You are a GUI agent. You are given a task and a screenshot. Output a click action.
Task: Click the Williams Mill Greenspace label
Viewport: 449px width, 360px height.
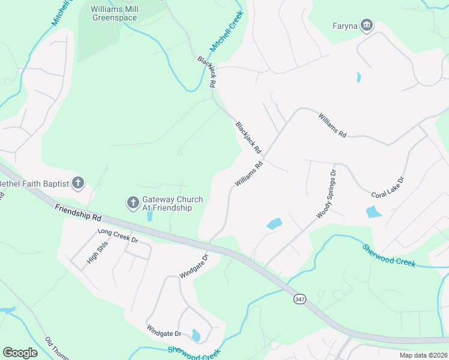pyautogui.click(x=114, y=13)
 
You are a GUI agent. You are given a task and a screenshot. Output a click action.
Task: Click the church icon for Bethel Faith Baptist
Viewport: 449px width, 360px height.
pyautogui.click(x=77, y=183)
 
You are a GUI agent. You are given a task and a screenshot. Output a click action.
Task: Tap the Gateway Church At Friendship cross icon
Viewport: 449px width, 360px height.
pyautogui.click(x=133, y=203)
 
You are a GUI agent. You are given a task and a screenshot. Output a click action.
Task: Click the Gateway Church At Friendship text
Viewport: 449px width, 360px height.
pyautogui.click(x=172, y=203)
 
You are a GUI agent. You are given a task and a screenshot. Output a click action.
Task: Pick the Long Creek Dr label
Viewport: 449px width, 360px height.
pyautogui.click(x=118, y=235)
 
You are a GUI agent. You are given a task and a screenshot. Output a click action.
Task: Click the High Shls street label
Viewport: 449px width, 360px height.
pyautogui.click(x=93, y=254)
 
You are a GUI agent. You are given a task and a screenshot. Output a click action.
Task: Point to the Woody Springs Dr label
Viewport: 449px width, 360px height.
pyautogui.click(x=327, y=193)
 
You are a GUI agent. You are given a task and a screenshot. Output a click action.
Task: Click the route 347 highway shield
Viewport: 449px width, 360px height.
pyautogui.click(x=298, y=299)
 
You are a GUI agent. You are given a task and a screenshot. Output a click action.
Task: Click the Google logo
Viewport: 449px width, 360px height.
pyautogui.click(x=20, y=353)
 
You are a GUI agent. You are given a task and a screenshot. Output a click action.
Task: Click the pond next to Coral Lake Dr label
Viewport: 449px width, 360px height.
pyautogui.click(x=373, y=212)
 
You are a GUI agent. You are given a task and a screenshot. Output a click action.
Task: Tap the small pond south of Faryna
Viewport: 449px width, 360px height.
pyautogui.click(x=358, y=77)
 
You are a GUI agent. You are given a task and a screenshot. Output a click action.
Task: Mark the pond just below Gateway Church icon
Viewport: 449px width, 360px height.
pyautogui.click(x=149, y=216)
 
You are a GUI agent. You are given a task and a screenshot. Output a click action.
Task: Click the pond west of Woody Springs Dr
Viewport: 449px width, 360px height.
pyautogui.click(x=274, y=224)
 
